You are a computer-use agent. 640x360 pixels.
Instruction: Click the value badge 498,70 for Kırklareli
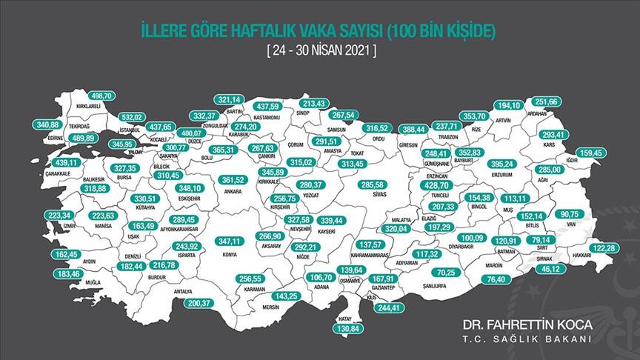pyautogui.click(x=101, y=96)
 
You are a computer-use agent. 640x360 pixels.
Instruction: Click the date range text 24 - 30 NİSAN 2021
pyautogui.click(x=321, y=53)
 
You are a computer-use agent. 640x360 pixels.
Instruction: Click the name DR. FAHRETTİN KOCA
pyautogui.click(x=527, y=325)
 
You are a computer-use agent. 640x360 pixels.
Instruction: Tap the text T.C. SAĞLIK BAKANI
pyautogui.click(x=527, y=340)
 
